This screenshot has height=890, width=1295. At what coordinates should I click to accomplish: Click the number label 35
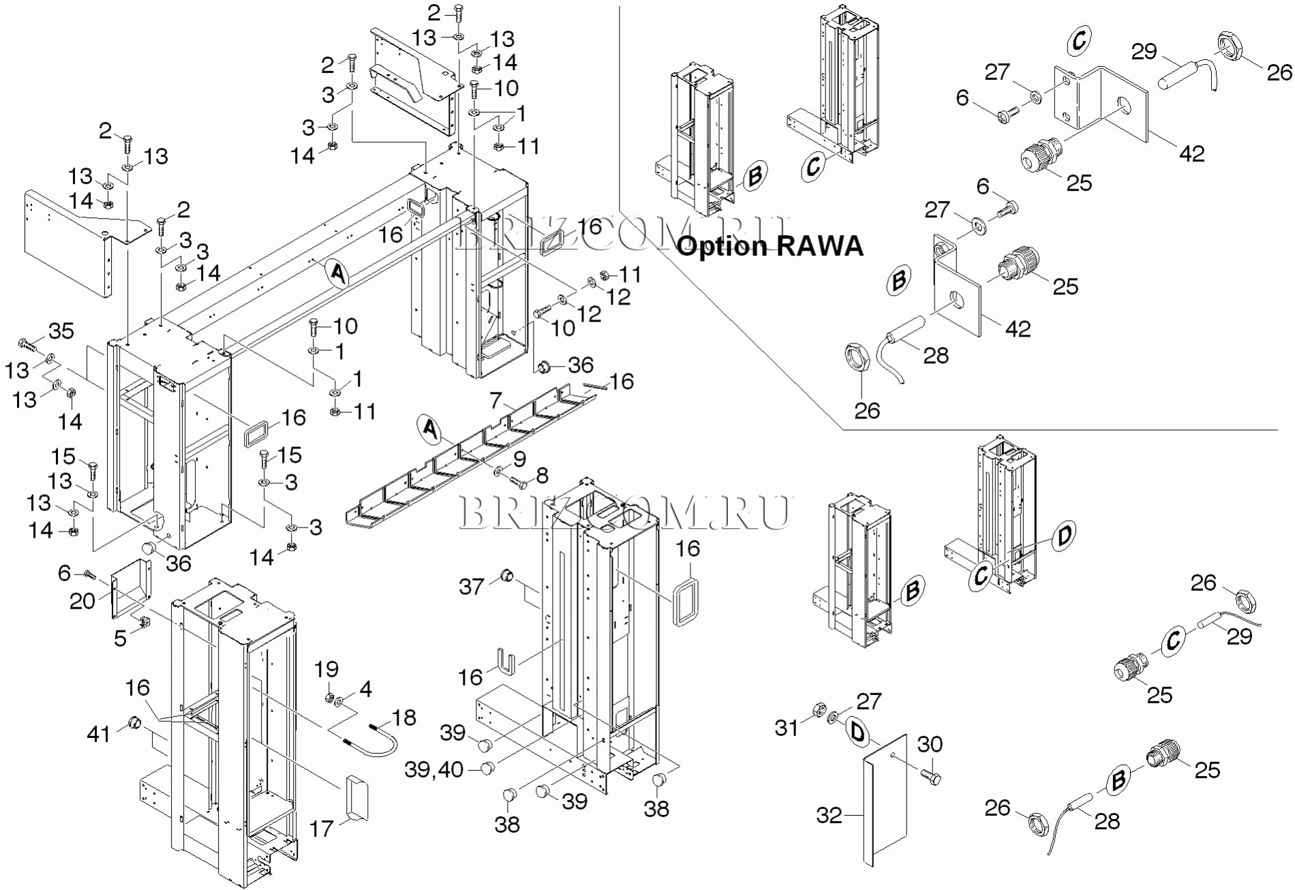click(61, 331)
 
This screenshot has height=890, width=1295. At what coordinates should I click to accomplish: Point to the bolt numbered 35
click(27, 343)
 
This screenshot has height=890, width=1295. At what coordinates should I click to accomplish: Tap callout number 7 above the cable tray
click(496, 400)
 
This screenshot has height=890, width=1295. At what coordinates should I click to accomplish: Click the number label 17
click(321, 829)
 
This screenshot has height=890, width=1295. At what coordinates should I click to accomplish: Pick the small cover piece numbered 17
click(356, 797)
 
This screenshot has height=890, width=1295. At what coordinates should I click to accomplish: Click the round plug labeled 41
click(134, 722)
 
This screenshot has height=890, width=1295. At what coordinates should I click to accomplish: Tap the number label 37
click(471, 587)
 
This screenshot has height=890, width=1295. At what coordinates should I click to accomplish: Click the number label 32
click(829, 815)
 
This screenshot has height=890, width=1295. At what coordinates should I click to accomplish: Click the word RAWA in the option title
click(819, 246)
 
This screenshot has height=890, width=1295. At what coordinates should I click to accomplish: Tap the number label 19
click(326, 669)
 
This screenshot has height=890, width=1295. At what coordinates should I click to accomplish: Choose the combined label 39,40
click(434, 769)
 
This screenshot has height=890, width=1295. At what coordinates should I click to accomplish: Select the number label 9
click(519, 459)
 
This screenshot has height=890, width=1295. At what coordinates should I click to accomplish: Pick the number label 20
click(82, 600)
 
